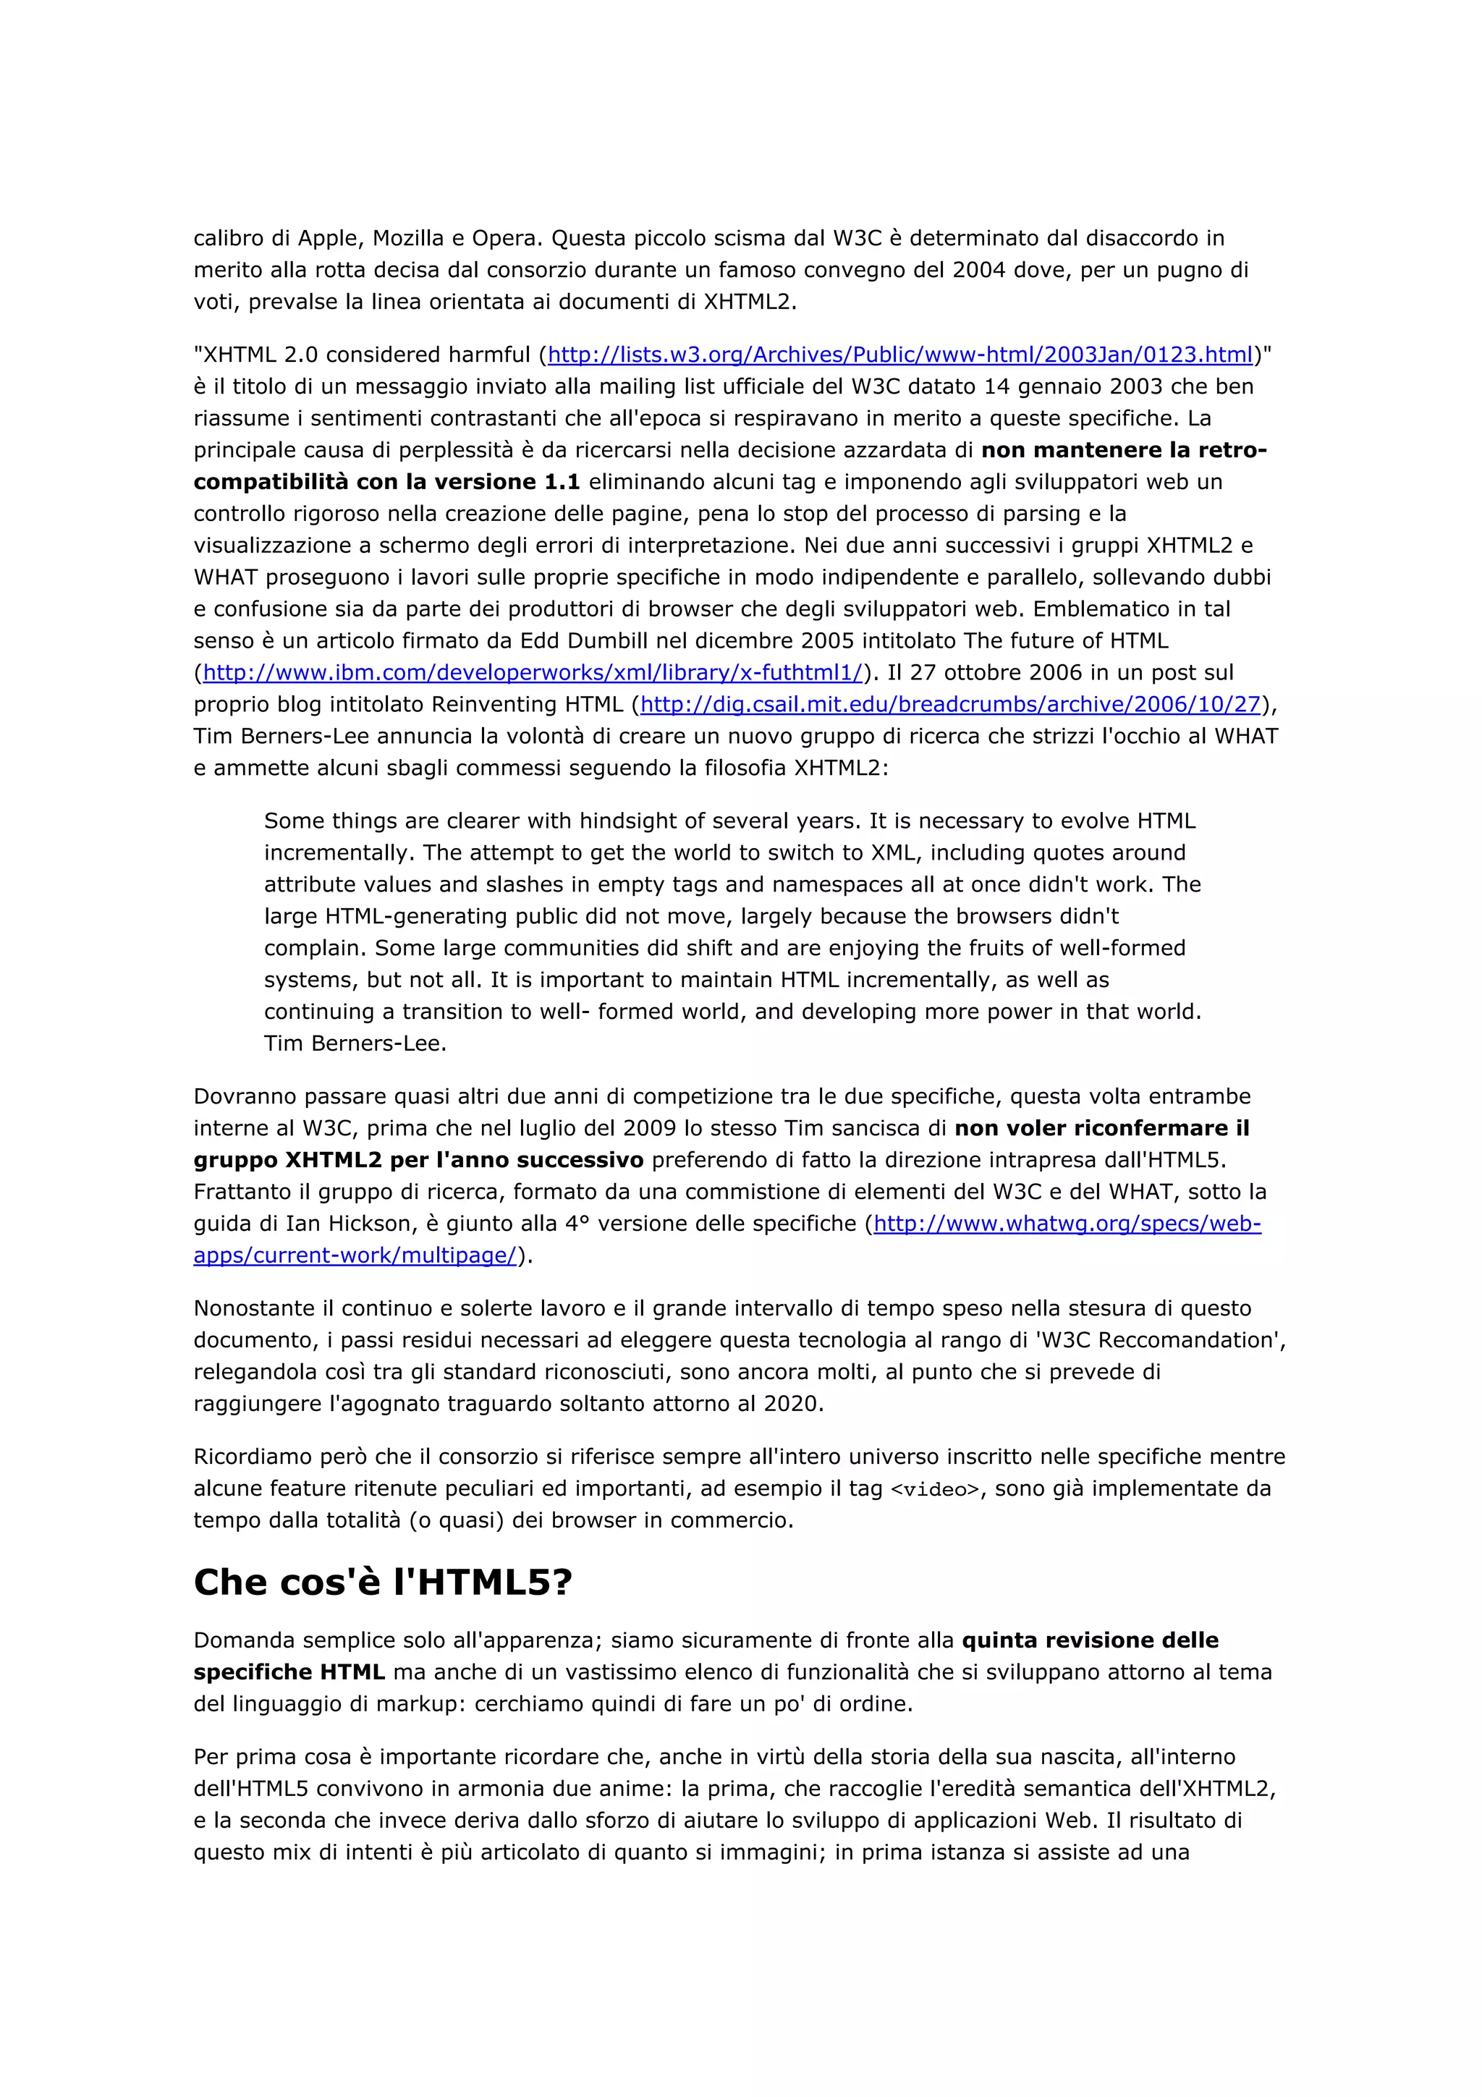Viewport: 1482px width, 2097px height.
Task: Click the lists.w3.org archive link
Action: point(899,355)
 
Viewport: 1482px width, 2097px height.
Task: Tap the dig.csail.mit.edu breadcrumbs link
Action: point(949,704)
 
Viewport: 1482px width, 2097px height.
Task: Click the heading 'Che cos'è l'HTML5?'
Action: point(383,1582)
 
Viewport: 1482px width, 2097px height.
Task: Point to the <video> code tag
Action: point(934,1490)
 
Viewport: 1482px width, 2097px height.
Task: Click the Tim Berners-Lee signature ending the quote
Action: point(355,1043)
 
